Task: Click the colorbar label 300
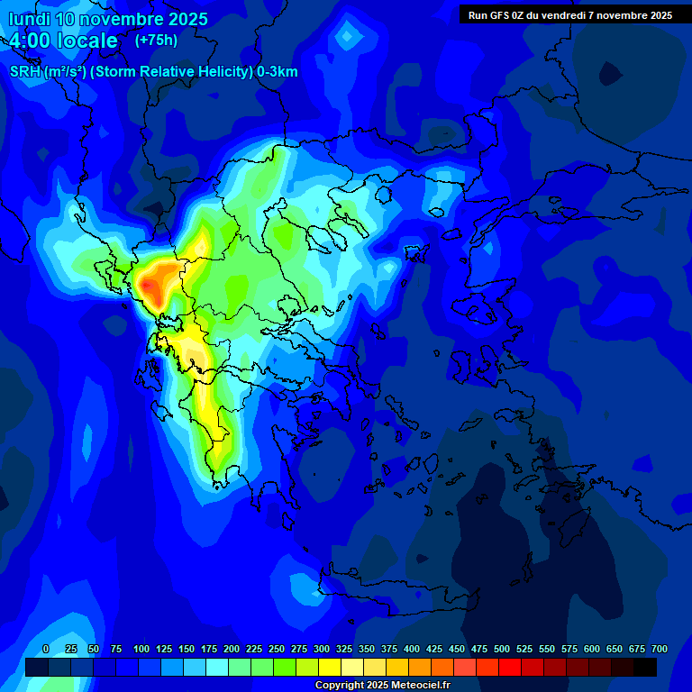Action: coord(322,649)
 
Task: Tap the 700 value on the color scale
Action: coord(659,649)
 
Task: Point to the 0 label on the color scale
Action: coord(46,649)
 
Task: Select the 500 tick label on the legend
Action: coord(502,649)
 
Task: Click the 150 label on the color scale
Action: coord(187,649)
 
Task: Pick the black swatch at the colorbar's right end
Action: coord(645,667)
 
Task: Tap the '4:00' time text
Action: coord(35,41)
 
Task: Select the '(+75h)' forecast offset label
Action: coord(156,41)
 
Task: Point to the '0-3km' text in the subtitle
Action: coord(278,71)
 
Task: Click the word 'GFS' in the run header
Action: coord(501,15)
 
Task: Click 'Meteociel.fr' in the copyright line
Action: coord(420,686)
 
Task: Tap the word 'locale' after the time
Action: coord(86,41)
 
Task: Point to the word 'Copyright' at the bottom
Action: coord(339,686)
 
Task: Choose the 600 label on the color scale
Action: coord(592,649)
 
